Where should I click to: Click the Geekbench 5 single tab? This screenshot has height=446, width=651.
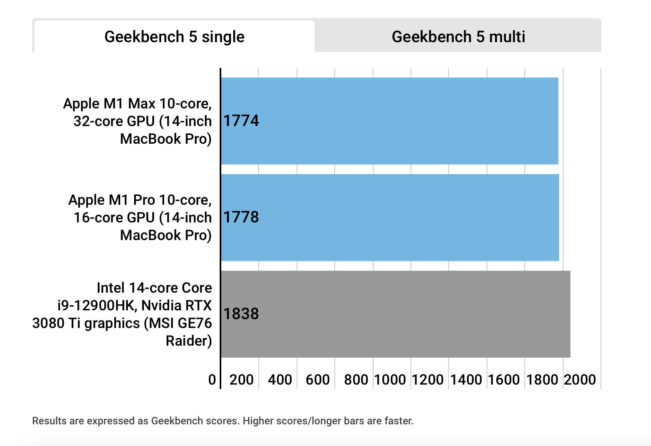click(174, 37)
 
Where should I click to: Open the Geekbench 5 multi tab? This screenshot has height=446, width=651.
click(458, 37)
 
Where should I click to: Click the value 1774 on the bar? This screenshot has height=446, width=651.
click(241, 121)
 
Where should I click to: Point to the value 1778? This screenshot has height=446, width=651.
click(241, 217)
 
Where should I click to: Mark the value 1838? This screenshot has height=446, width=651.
click(241, 314)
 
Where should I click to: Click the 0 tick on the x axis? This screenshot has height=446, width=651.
click(212, 380)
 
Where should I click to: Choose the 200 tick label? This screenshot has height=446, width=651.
click(241, 380)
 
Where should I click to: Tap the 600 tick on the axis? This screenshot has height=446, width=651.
click(317, 380)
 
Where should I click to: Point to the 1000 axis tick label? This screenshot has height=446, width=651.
click(390, 380)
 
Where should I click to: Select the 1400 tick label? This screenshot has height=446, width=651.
click(466, 380)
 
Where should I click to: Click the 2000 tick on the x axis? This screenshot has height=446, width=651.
click(580, 380)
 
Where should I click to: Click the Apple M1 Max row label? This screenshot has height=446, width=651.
click(137, 121)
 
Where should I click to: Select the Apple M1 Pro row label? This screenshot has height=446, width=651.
click(140, 217)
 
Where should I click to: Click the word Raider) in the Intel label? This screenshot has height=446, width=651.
click(189, 341)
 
